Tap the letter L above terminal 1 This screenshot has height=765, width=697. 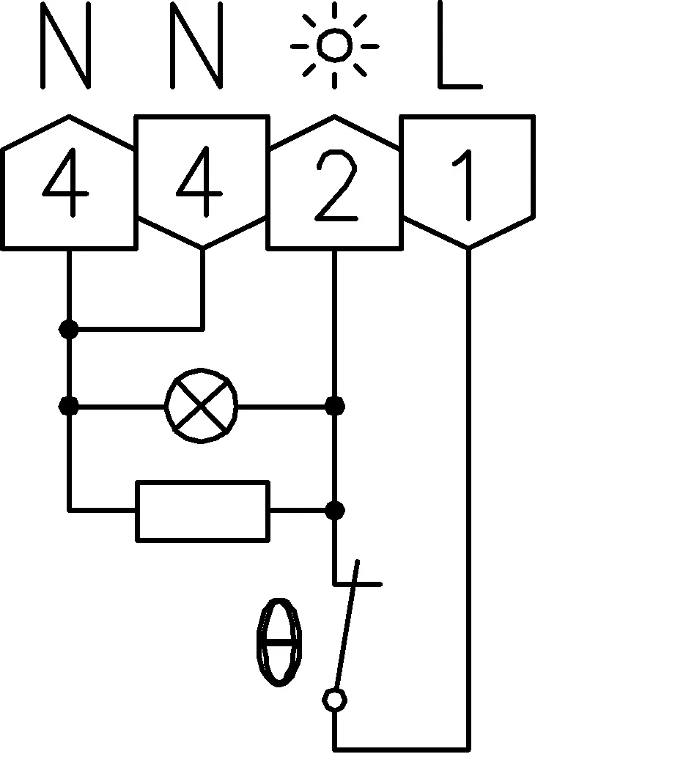460,45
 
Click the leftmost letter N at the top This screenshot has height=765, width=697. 66,45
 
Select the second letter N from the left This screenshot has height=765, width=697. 196,45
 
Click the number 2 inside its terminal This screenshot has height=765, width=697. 336,186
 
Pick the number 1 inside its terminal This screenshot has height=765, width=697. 464,185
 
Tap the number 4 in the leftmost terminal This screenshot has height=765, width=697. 66,182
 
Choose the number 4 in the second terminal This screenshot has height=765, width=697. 199,182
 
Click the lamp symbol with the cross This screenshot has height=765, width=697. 201,406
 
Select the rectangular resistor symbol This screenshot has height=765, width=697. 202,511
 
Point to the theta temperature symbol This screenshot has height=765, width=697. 279,642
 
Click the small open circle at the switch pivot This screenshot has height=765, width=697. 334,700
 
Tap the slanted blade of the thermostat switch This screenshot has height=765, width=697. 347,624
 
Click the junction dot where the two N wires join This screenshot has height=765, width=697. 68,330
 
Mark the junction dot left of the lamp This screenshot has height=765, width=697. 68,406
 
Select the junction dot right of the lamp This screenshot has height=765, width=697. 335,406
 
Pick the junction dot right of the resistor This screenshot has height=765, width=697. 335,510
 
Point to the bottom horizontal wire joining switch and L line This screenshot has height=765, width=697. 402,749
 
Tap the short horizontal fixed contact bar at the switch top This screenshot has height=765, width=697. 357,583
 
